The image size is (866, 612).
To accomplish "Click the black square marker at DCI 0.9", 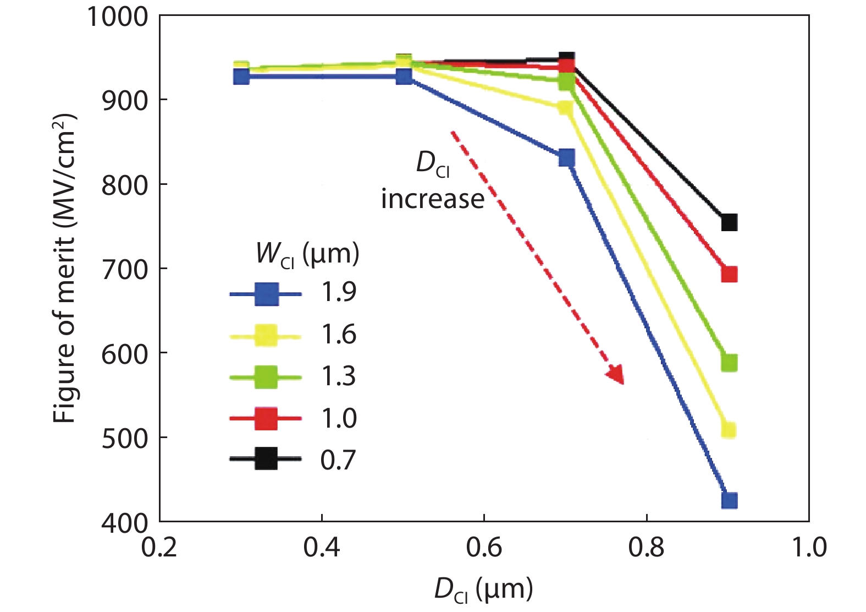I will point(729,222).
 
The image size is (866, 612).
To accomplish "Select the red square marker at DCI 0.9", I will point(729,274).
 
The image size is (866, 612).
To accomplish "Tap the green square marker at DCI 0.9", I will point(729,363).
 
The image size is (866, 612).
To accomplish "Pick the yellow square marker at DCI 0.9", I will point(729,430).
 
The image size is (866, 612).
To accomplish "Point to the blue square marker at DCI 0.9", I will point(729,500).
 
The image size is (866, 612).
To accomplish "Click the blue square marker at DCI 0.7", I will point(566,158).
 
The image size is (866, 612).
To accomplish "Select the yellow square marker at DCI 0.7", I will point(566,108).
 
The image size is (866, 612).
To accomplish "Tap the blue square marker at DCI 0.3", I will point(241,76).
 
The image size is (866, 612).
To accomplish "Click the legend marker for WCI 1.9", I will point(266,294).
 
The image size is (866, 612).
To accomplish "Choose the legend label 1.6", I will point(339,335).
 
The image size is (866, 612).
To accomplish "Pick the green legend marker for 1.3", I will point(266,377).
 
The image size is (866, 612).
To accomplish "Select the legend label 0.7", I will point(339,460).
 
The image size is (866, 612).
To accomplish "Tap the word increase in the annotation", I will point(433,199).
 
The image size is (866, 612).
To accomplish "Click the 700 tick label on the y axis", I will point(125,269).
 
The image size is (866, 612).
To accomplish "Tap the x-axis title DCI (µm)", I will point(484,589).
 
